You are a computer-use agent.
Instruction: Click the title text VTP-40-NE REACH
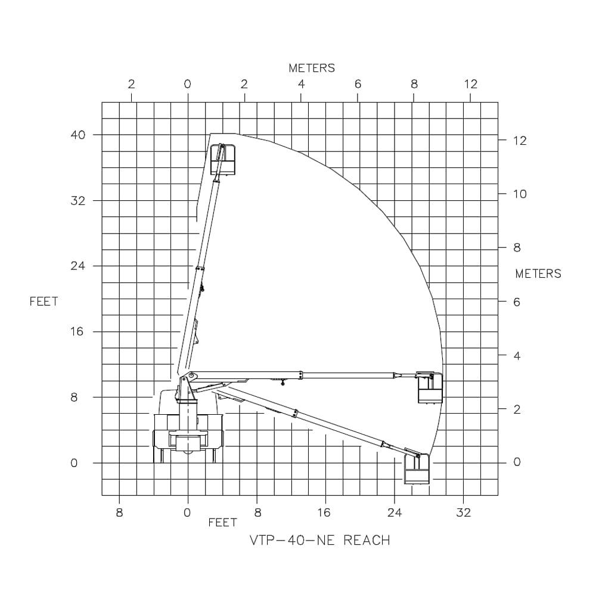click(x=319, y=541)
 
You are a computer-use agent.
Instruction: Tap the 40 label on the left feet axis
click(x=78, y=135)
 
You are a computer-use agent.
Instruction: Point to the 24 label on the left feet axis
click(x=78, y=266)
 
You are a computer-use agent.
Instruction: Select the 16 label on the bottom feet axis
click(x=324, y=513)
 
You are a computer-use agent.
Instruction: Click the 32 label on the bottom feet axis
click(x=463, y=513)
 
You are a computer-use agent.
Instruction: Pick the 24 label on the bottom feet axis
click(x=394, y=513)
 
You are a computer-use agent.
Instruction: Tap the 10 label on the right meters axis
click(x=520, y=194)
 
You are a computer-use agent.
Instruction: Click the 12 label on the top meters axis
click(x=470, y=84)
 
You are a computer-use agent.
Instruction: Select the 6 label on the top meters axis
click(x=358, y=84)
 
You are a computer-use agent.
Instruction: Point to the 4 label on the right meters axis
click(x=517, y=356)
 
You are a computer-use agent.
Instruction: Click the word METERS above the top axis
click(x=312, y=68)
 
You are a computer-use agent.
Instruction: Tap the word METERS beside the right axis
click(x=538, y=274)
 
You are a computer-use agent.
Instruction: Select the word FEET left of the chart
click(x=44, y=302)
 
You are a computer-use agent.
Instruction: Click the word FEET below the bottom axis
click(x=222, y=523)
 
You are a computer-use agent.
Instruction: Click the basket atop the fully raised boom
click(x=223, y=160)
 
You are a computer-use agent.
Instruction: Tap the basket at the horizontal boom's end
click(x=430, y=388)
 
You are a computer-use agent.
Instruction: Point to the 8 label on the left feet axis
click(x=74, y=398)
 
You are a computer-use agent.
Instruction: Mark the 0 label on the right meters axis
click(x=517, y=462)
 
